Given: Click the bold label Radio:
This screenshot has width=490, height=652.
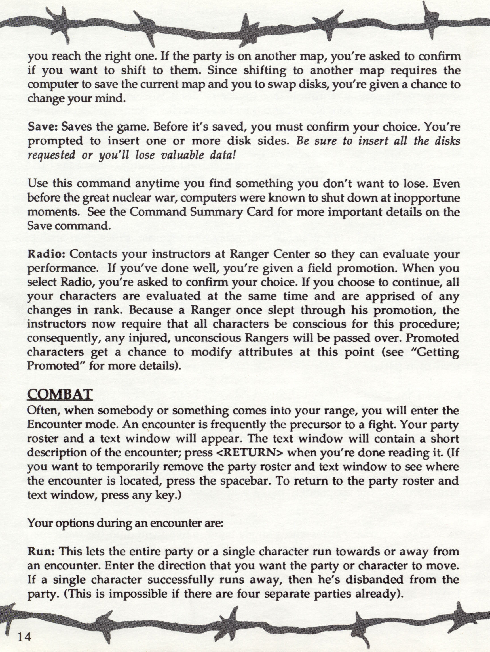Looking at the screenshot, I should (x=46, y=254).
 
